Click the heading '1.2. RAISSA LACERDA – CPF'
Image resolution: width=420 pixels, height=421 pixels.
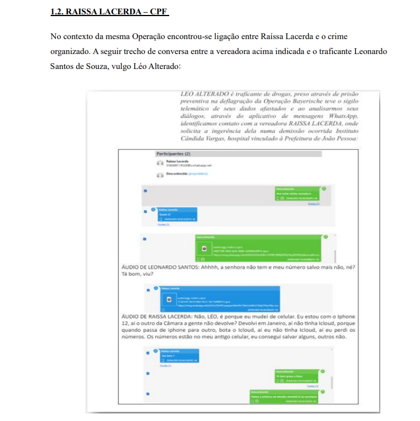[108, 12]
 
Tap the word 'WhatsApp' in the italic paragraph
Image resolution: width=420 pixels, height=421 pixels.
[344, 116]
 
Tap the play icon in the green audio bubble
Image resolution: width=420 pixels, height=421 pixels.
[204, 248]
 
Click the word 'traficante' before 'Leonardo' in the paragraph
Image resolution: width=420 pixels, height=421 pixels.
[328, 51]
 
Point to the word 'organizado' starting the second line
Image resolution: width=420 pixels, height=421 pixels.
[70, 51]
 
